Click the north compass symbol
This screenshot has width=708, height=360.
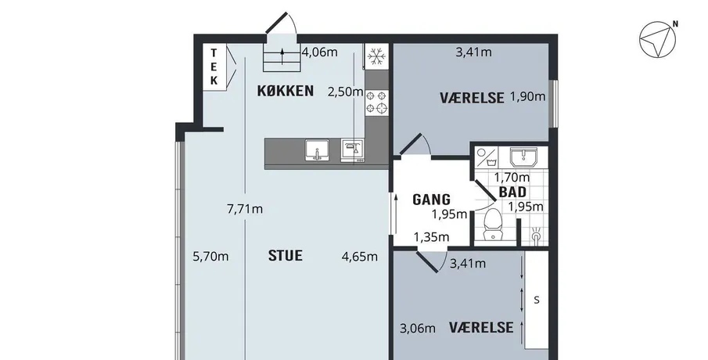coord(659,39)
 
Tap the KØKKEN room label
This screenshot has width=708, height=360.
coord(286,91)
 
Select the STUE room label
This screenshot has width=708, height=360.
coord(286,256)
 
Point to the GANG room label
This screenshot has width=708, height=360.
coord(432,200)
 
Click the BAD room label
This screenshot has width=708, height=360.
coord(512,192)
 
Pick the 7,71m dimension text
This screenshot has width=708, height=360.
coord(245,209)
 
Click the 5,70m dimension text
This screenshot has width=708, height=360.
coord(211,257)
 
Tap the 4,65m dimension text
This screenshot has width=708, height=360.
coord(360,257)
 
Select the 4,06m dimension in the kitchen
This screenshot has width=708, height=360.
coord(320,52)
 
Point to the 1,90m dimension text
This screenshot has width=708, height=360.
coord(528,96)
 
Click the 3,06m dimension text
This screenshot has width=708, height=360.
coord(418,329)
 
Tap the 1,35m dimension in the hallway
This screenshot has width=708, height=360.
coord(432,236)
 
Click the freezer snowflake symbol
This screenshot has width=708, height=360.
coord(376,56)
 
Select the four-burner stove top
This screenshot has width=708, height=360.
coord(376,102)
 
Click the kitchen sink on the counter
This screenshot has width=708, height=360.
coord(317,150)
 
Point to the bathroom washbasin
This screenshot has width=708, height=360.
coord(523,157)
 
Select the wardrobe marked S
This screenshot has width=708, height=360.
coord(537,300)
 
